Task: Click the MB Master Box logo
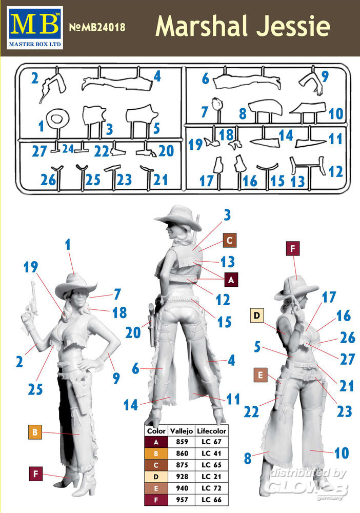point(35,28)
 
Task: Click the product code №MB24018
point(97,27)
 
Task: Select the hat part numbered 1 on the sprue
point(57,119)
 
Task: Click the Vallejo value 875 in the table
point(182,465)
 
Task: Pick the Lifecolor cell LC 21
point(211,477)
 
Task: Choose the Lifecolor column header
point(211,431)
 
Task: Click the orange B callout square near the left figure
point(35,432)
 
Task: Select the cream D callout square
point(257,315)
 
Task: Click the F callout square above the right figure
point(293,249)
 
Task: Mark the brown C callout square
point(230,241)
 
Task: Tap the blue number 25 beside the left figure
point(35,389)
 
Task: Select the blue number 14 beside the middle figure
point(131,405)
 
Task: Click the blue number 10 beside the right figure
point(342,453)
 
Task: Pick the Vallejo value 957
point(182,500)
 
